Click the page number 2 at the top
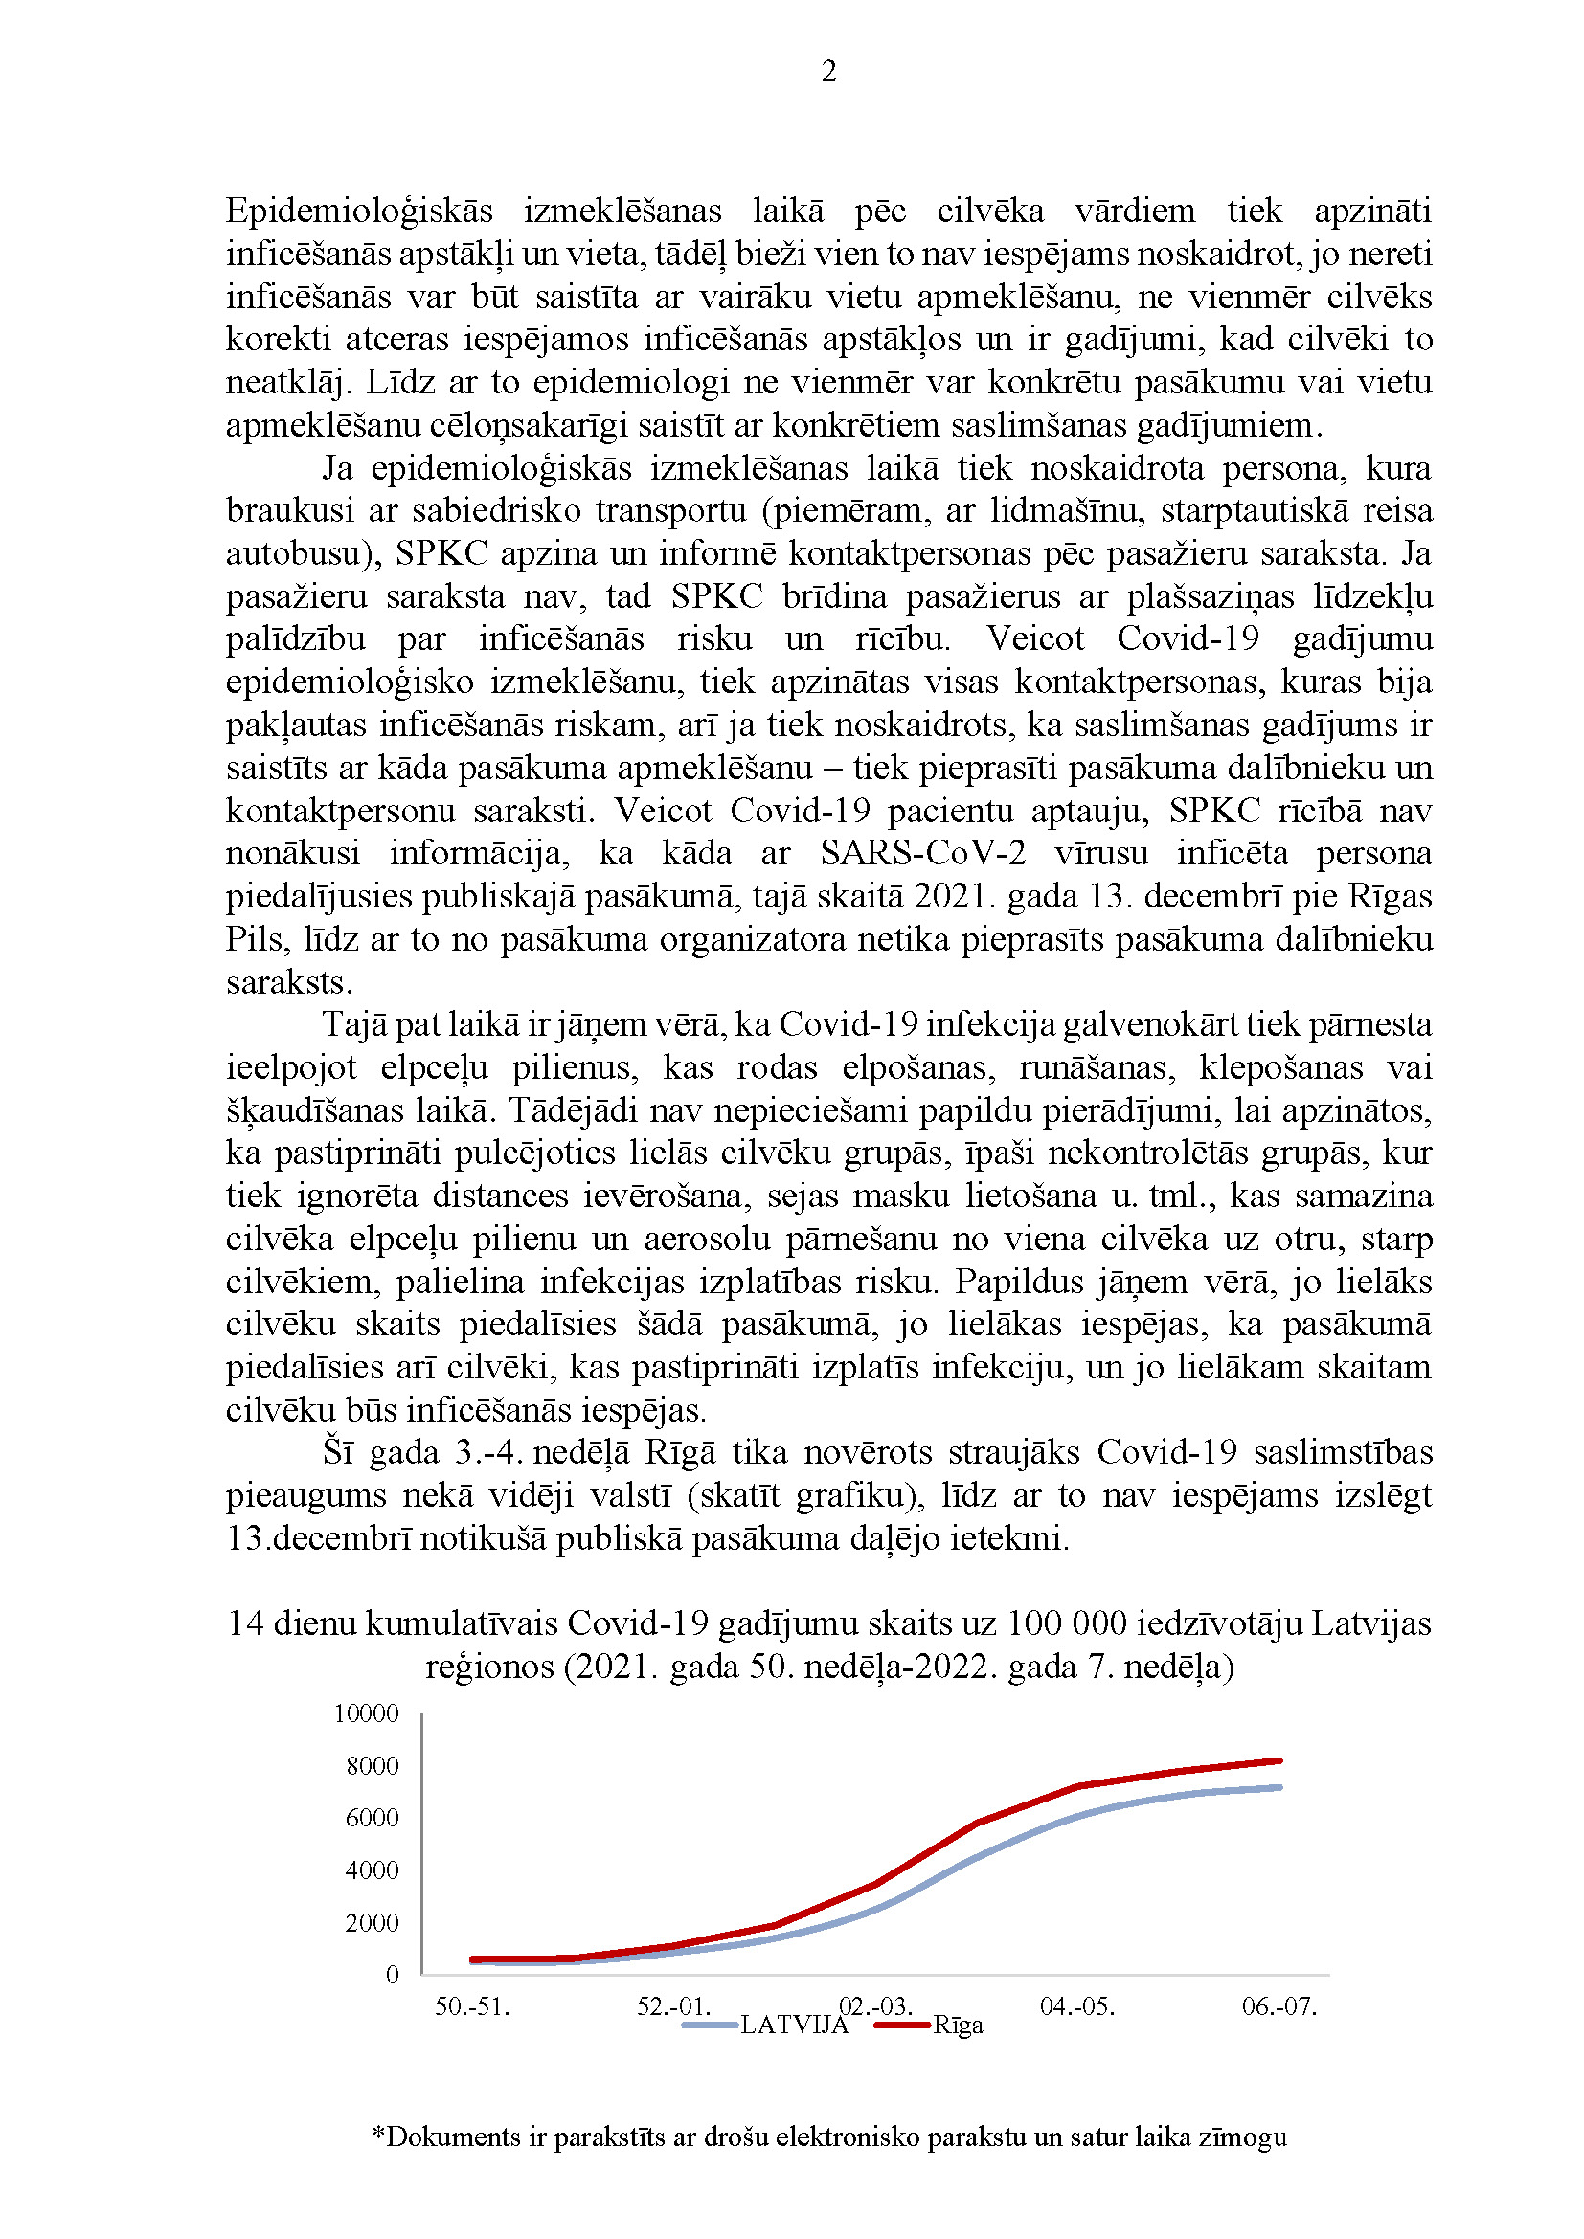[x=829, y=71]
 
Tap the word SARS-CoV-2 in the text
[x=922, y=853]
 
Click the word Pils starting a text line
[x=253, y=939]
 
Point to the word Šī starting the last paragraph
[x=336, y=1452]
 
